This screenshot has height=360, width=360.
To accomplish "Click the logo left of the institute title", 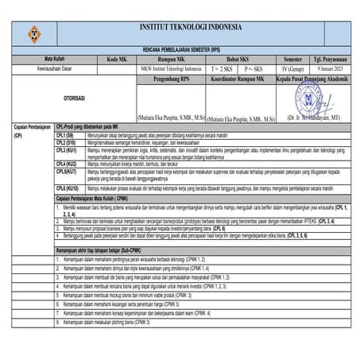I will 33,31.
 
